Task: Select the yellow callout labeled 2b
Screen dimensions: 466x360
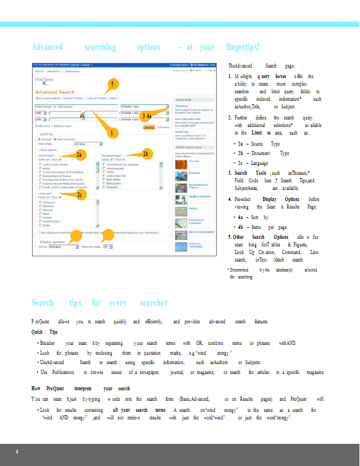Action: [x=145, y=154]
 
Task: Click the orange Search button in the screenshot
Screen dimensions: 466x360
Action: [x=149, y=126]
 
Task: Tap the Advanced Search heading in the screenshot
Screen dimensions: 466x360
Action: [x=55, y=92]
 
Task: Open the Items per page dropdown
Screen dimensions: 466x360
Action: [x=108, y=247]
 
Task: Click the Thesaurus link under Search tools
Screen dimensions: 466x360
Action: [x=182, y=105]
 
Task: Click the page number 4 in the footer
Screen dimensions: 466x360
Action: [x=17, y=452]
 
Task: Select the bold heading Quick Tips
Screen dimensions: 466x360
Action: [x=44, y=332]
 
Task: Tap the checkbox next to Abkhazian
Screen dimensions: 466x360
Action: [x=40, y=202]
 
